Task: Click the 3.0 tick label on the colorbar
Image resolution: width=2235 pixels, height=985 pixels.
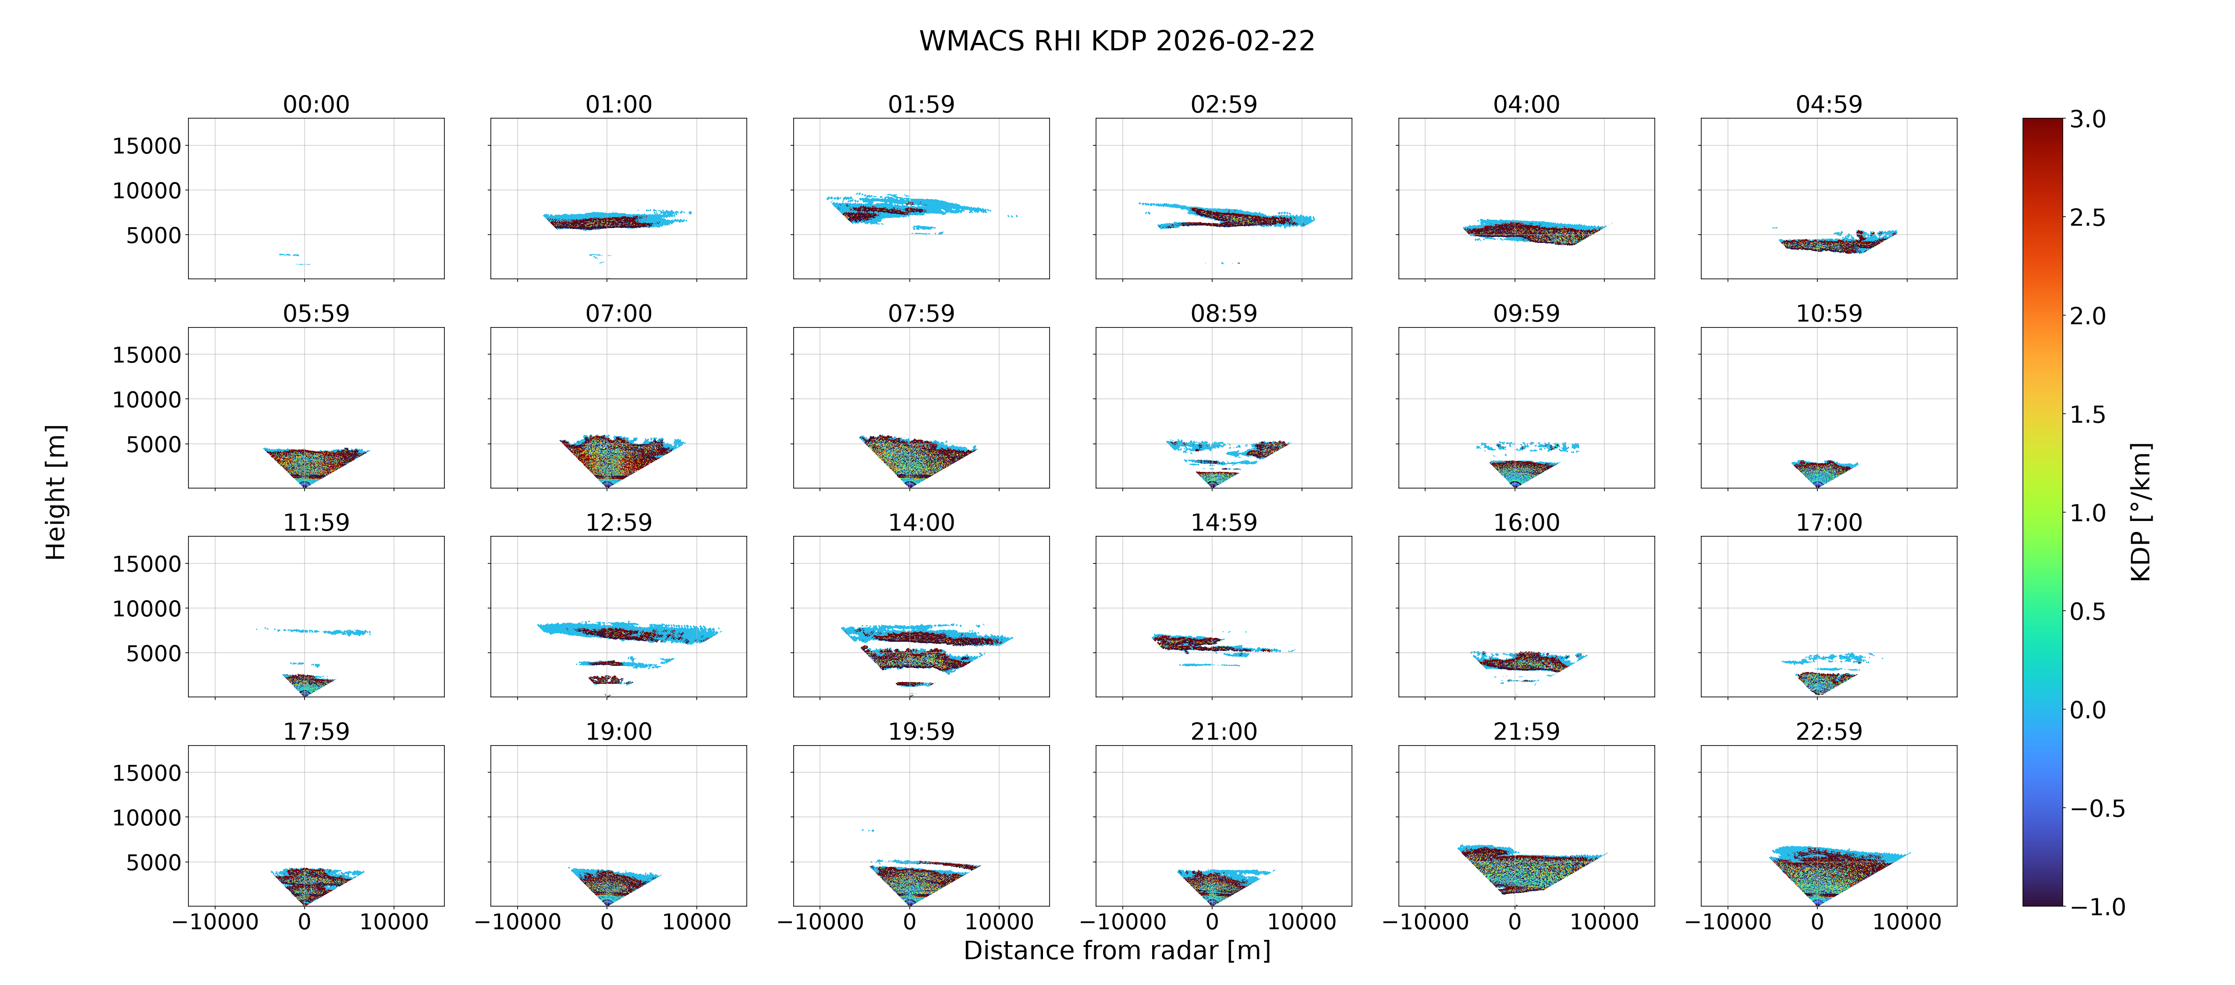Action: coord(2087,120)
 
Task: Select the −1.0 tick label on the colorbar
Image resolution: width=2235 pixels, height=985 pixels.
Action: coord(2098,907)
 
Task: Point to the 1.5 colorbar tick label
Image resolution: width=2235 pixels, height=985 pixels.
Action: coord(2087,415)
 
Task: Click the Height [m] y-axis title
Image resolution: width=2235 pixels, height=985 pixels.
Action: coord(56,492)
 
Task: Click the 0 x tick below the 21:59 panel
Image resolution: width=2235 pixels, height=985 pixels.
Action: coord(1515,922)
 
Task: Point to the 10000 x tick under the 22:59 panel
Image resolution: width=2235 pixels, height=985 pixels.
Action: coord(1907,922)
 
